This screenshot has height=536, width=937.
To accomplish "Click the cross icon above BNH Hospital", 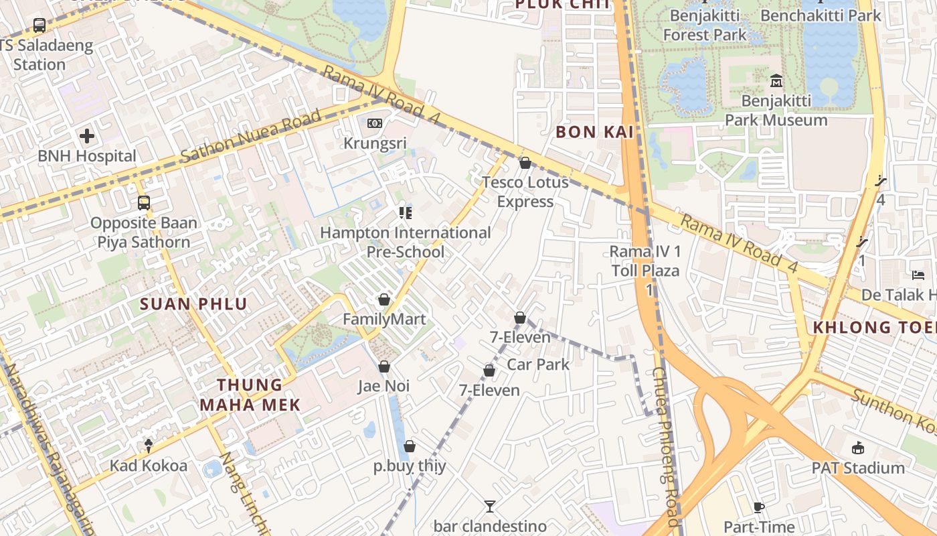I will click(86, 137).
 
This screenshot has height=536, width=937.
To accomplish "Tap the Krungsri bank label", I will click(375, 143).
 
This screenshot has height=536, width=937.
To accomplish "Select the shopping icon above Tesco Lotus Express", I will click(525, 163).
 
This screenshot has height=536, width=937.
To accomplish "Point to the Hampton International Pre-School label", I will click(405, 243).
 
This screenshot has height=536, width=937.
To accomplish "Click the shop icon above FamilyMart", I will click(384, 299).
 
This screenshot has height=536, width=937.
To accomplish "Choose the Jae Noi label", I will click(384, 387).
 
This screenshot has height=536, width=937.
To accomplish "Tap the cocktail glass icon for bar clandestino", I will click(490, 506).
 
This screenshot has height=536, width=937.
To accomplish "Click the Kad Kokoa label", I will click(149, 466).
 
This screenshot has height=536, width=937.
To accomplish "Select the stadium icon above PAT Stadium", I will click(858, 448).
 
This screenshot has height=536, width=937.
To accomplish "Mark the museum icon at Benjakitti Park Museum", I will click(776, 81).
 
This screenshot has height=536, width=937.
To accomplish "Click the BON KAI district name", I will click(595, 132).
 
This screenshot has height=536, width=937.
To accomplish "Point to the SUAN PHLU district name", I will click(193, 304).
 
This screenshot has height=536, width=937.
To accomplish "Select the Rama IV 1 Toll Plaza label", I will click(645, 261).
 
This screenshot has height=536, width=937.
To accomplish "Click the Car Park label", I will click(538, 364).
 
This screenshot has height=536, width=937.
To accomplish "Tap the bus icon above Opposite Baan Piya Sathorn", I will click(144, 202).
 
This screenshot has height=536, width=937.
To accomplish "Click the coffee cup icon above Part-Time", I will click(758, 507).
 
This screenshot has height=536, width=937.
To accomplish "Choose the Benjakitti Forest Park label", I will click(704, 25).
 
